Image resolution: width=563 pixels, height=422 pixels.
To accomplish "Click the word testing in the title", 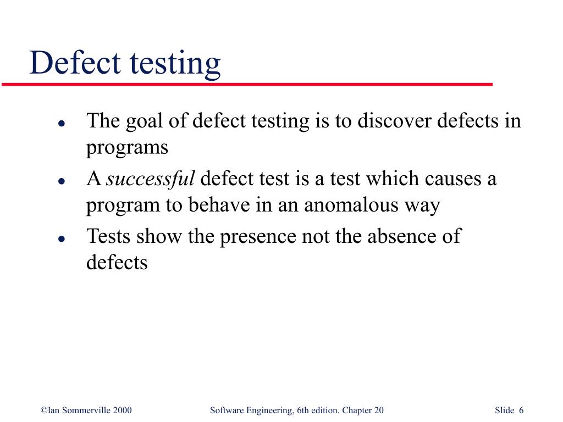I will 175,65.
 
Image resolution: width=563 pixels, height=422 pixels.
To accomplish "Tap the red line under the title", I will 247,85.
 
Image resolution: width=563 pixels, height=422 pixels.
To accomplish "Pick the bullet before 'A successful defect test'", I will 62,181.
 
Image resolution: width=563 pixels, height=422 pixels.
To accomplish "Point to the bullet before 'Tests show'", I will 62,238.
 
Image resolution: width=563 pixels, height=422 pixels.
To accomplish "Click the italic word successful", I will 150,179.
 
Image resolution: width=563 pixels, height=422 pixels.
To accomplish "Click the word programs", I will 126,148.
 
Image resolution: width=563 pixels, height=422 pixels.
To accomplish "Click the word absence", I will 401,236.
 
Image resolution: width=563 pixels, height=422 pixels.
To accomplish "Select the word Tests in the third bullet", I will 109,236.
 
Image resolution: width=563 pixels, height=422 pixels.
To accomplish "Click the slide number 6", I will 521,410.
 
